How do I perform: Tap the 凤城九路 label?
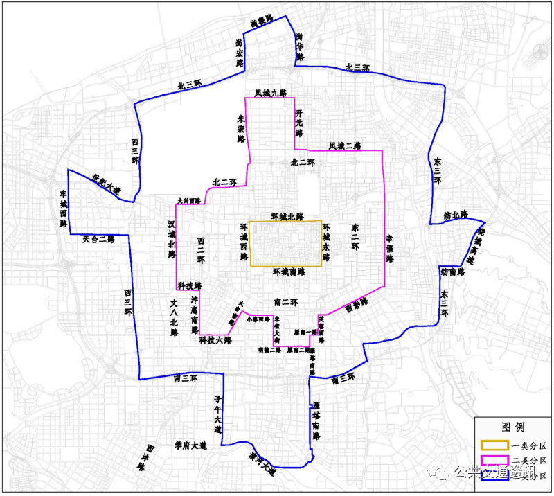point(269,92)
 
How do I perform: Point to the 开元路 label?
point(299,122)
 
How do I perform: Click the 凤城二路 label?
point(345,145)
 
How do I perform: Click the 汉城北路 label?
point(171,240)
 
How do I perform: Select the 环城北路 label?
point(287,216)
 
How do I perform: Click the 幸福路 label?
point(389,249)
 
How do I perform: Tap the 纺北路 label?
point(456,215)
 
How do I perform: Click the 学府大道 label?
point(190,445)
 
